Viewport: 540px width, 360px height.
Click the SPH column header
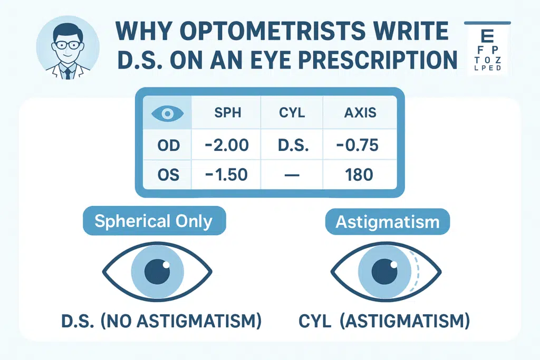tap(228, 113)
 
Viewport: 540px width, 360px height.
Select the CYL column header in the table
tap(292, 113)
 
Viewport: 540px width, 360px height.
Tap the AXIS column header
tap(360, 113)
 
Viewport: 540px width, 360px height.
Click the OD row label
tap(168, 145)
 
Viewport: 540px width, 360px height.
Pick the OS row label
tap(168, 175)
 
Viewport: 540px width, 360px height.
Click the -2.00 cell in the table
tap(227, 145)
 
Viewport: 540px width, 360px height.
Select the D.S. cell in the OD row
tap(293, 145)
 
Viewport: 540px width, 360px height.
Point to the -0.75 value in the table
tap(358, 145)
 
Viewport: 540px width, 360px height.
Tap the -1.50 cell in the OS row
tap(226, 175)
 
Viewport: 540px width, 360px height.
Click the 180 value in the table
tap(359, 175)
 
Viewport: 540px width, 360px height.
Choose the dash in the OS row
tap(292, 175)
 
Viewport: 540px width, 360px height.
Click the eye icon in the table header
tap(167, 113)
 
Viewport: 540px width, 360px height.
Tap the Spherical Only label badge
tap(155, 221)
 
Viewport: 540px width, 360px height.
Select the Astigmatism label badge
tap(388, 222)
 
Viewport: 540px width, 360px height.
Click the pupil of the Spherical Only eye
tap(157, 271)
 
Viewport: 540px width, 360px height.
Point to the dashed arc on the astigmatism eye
tap(417, 271)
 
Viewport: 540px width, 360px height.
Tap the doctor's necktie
tap(68, 73)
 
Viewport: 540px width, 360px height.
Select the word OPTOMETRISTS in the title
tap(272, 31)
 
